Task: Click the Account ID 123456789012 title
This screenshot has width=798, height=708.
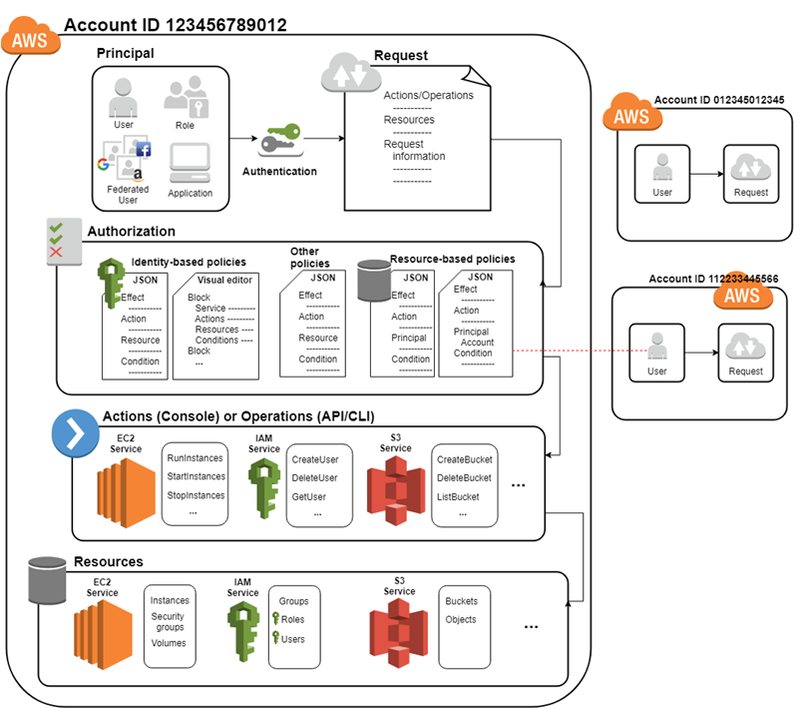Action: click(175, 24)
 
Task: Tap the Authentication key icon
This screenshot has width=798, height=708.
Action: click(280, 141)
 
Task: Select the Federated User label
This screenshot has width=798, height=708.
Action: click(128, 194)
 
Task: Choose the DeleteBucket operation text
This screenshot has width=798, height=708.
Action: click(464, 477)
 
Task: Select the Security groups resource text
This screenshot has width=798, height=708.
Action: click(168, 622)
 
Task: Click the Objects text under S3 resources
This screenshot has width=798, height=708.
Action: click(461, 619)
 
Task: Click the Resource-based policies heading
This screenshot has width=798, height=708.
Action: click(452, 259)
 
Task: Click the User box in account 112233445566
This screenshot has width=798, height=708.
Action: click(656, 354)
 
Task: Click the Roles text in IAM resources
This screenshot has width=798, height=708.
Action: click(292, 619)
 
